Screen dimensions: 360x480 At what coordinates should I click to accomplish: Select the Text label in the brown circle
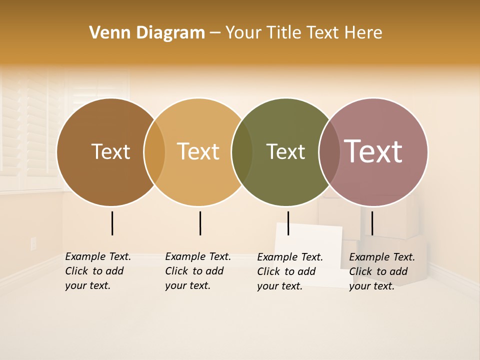pyautogui.click(x=110, y=151)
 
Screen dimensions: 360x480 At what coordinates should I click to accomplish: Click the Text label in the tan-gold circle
pyautogui.click(x=198, y=151)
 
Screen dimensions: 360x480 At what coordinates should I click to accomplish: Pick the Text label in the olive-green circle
pyautogui.click(x=285, y=151)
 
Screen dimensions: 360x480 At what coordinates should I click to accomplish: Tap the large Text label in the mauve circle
pyautogui.click(x=373, y=151)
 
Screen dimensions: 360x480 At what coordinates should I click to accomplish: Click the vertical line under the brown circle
pyautogui.click(x=112, y=223)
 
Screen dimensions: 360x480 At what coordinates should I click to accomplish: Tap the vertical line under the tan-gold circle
pyautogui.click(x=200, y=223)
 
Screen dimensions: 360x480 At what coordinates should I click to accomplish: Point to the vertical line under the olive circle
pyautogui.click(x=288, y=223)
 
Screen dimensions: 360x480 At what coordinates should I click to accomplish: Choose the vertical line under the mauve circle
pyautogui.click(x=372, y=223)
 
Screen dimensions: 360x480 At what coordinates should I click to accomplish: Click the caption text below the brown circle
pyautogui.click(x=97, y=271)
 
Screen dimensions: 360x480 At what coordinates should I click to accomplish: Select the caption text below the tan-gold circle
pyautogui.click(x=197, y=271)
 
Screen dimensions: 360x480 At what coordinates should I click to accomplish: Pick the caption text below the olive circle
pyautogui.click(x=289, y=271)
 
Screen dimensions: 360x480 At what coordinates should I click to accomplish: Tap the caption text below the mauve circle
pyautogui.click(x=381, y=271)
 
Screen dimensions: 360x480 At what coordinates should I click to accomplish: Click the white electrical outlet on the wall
pyautogui.click(x=33, y=243)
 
